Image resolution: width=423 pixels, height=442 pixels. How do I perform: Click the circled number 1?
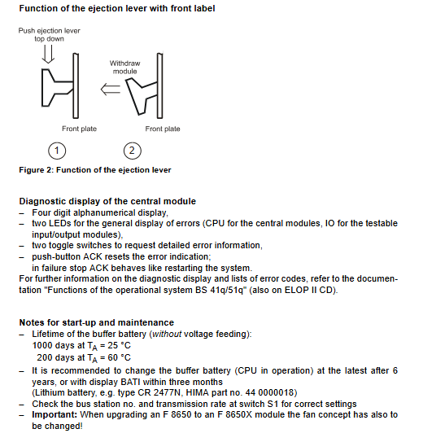[57, 151]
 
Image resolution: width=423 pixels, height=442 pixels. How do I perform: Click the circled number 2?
[132, 151]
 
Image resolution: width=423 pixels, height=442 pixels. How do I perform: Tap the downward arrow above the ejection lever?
[48, 54]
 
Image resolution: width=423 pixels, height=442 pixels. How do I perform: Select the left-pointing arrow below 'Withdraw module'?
[111, 89]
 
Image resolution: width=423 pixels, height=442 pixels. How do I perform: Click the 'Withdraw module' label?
[124, 67]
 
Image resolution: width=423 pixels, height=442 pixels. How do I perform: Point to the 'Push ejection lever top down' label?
[50, 34]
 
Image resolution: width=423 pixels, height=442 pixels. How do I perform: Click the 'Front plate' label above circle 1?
[79, 129]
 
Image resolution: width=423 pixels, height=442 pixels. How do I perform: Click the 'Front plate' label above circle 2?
[163, 129]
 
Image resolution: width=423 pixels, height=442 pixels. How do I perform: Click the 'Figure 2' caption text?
[95, 170]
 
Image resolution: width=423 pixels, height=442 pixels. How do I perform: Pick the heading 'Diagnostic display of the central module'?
[107, 201]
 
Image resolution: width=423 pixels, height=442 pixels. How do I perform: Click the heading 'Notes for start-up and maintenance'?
[96, 322]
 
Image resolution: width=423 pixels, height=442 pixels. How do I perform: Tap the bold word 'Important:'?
[55, 414]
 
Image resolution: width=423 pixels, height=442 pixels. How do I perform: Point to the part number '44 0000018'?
[269, 392]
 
